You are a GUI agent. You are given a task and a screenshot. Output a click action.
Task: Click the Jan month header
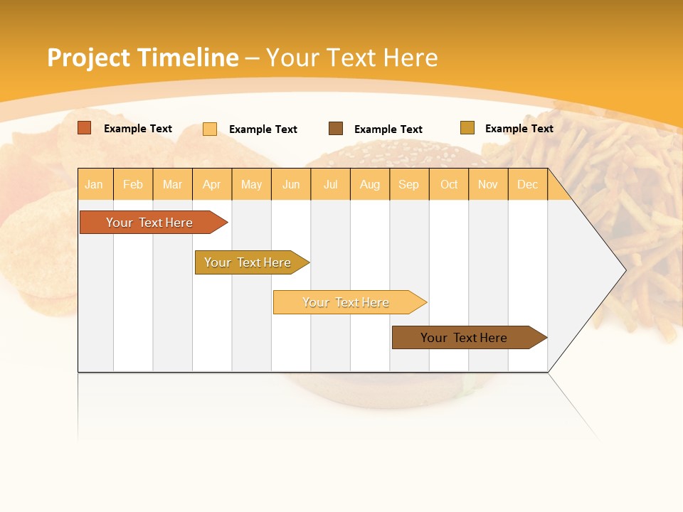(x=95, y=184)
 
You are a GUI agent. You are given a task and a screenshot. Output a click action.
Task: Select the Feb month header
(x=133, y=184)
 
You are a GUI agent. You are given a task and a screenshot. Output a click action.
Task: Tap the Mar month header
(x=172, y=184)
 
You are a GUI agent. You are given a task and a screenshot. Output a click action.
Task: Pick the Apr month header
(x=212, y=184)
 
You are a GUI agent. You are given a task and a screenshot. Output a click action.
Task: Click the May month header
(x=251, y=184)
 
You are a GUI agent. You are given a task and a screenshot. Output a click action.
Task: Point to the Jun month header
(x=291, y=184)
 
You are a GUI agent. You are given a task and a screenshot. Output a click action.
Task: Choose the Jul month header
(x=331, y=184)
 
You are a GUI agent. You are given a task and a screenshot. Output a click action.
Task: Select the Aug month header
(x=370, y=184)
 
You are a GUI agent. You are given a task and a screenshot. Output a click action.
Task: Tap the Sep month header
(x=409, y=184)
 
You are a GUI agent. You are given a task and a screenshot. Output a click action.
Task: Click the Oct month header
(x=449, y=184)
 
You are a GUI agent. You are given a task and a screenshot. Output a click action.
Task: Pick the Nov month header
(x=488, y=184)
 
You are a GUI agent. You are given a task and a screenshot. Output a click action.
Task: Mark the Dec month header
(x=528, y=184)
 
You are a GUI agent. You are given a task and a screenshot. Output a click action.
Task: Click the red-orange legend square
(x=85, y=128)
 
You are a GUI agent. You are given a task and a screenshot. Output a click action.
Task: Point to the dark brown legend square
(x=336, y=129)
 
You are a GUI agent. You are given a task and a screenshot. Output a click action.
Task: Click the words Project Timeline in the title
(x=143, y=58)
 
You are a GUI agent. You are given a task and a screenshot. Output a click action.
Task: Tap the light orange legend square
(x=210, y=129)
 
